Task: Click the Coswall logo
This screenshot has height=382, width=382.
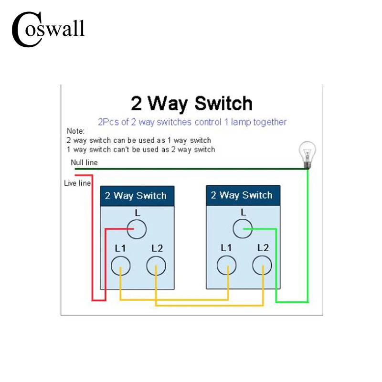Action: pos(48,29)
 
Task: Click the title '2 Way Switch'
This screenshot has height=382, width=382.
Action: pos(191,103)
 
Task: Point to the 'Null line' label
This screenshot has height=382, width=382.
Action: pos(84,162)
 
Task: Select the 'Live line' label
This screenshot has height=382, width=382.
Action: pos(77,183)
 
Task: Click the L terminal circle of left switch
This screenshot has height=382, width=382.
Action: pos(136,229)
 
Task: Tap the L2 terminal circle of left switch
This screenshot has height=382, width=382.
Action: pos(156,265)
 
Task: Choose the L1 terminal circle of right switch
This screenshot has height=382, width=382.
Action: pos(227,265)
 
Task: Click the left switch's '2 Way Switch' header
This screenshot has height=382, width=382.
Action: pos(136,196)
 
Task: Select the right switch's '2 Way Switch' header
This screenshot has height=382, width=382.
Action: pos(242,195)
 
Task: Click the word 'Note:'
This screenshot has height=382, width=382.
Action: pos(75,131)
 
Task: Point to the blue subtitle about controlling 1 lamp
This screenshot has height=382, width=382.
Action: pos(192,122)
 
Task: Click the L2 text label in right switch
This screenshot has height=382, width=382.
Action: pos(263,248)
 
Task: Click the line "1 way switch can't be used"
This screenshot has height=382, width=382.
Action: pos(140,149)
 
